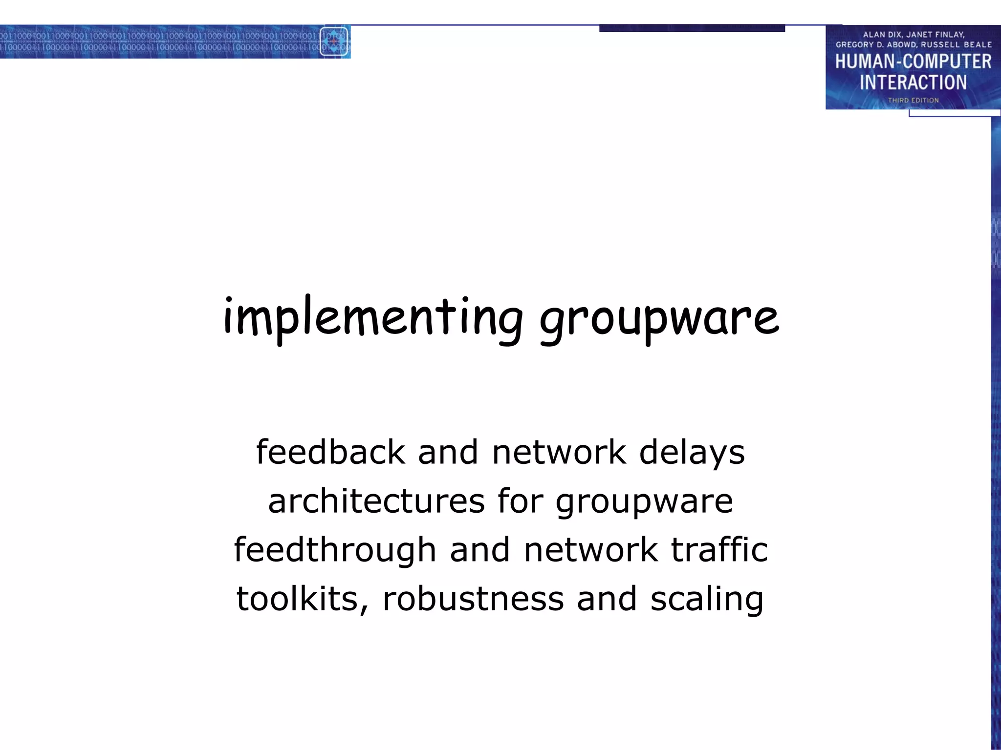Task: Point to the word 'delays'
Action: [692, 453]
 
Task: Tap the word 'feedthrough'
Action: [335, 550]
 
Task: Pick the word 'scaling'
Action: [707, 600]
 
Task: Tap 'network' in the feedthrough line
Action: [590, 550]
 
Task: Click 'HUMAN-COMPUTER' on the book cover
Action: [913, 62]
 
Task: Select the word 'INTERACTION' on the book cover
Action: [913, 83]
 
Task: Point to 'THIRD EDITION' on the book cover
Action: [913, 100]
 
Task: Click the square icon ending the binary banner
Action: [334, 42]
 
